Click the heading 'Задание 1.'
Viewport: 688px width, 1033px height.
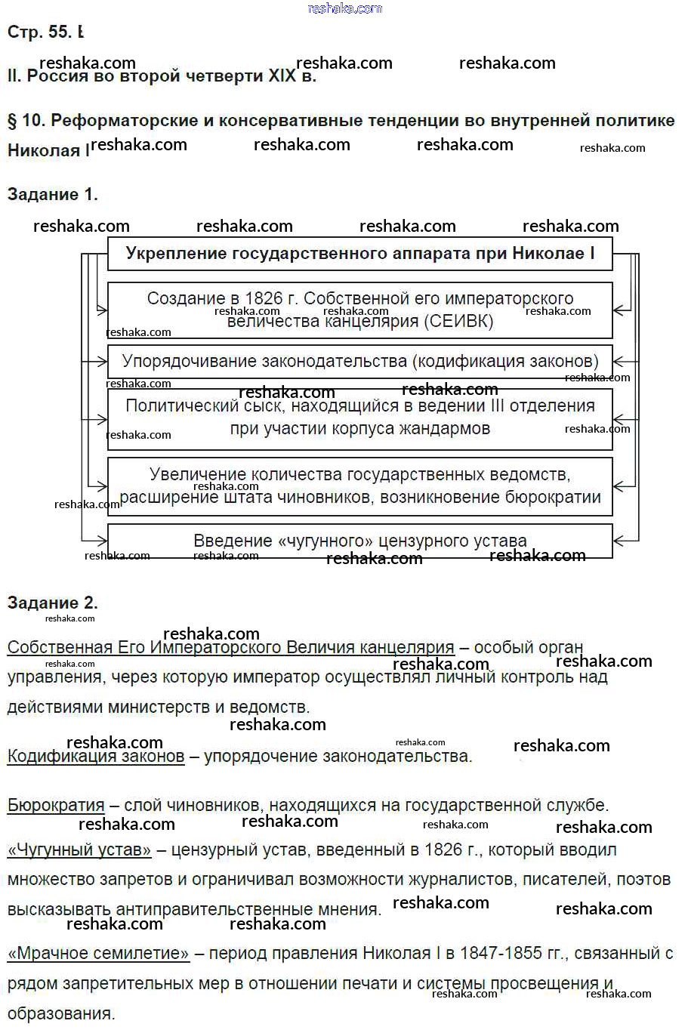(x=53, y=195)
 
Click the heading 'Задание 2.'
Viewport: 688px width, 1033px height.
(x=53, y=603)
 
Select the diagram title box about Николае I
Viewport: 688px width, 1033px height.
(x=359, y=254)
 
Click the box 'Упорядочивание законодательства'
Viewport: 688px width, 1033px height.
(x=359, y=361)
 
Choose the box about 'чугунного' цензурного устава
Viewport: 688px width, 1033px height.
(x=359, y=541)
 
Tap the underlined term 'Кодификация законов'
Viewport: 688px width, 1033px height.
(x=96, y=756)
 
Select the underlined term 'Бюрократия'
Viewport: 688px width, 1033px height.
(x=56, y=805)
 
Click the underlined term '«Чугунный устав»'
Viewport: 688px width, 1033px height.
(x=79, y=850)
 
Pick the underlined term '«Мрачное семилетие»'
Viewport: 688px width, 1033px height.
(x=98, y=954)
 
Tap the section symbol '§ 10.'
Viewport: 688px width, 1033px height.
(x=26, y=121)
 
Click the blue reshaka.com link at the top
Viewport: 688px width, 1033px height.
(x=345, y=8)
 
